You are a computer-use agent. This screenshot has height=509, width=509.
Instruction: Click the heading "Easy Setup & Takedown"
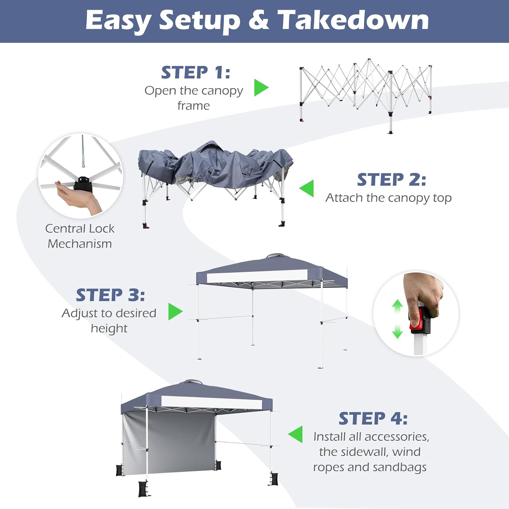click(257, 20)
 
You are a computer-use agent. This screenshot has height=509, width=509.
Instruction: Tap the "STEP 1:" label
click(196, 73)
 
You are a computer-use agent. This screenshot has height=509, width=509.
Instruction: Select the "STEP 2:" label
click(392, 180)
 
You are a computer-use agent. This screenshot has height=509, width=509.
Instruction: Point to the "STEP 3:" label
click(110, 295)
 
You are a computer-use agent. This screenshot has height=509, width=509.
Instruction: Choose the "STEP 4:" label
click(373, 418)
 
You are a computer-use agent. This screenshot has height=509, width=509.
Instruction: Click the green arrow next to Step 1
click(261, 88)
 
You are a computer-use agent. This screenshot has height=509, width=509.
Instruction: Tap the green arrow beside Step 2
click(306, 188)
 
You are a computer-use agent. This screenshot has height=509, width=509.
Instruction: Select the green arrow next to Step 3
click(175, 312)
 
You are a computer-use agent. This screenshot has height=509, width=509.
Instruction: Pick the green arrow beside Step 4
click(295, 434)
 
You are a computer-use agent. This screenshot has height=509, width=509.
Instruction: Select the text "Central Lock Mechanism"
click(80, 236)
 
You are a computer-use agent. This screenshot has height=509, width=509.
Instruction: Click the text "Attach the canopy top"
click(389, 198)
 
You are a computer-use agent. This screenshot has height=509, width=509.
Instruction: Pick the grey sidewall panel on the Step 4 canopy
click(169, 443)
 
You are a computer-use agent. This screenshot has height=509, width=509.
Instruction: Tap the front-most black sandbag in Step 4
click(145, 489)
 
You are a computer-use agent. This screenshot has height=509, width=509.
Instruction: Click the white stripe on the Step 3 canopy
click(257, 276)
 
